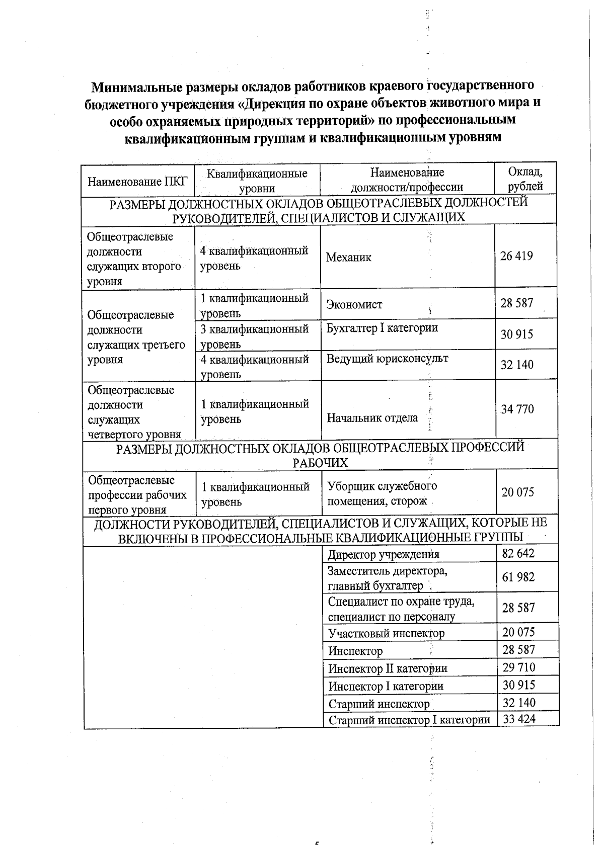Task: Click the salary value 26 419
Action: pyautogui.click(x=516, y=256)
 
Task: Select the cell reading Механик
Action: pyautogui.click(x=349, y=258)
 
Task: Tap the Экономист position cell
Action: pyautogui.click(x=354, y=304)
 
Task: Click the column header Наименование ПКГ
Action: pyautogui.click(x=137, y=181)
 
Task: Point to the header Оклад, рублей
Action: pyautogui.click(x=525, y=179)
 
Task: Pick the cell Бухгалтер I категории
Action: pyautogui.click(x=382, y=328)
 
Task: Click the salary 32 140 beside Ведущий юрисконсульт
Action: pyautogui.click(x=517, y=365)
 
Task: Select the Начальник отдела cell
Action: pyautogui.click(x=372, y=418)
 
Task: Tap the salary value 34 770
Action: pyautogui.click(x=517, y=409)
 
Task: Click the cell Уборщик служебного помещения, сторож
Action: pyautogui.click(x=382, y=493)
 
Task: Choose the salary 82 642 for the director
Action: pyautogui.click(x=518, y=554)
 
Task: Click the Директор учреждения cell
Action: pyautogui.click(x=384, y=555)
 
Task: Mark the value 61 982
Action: pyautogui.click(x=518, y=577)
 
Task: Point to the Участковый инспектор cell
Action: pyautogui.click(x=387, y=633)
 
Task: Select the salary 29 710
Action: pyautogui.click(x=519, y=668)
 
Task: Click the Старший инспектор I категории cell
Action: pyautogui.click(x=409, y=720)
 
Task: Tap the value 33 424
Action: pyautogui.click(x=519, y=719)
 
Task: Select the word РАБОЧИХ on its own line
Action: pyautogui.click(x=320, y=463)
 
